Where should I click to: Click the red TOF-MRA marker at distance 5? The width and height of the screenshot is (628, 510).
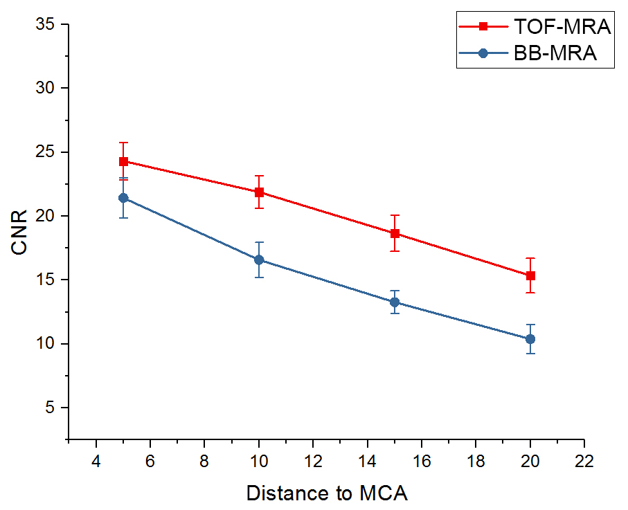click(x=123, y=161)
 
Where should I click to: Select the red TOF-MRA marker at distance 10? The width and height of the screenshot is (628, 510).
click(x=259, y=192)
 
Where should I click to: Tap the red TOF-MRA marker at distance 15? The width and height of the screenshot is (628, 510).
click(x=395, y=233)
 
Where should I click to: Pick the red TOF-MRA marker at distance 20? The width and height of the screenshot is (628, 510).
click(x=530, y=275)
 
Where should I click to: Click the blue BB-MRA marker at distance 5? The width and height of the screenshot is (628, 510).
click(x=123, y=198)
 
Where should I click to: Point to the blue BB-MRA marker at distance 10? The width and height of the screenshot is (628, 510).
click(x=259, y=260)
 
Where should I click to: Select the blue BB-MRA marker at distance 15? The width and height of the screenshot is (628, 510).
click(x=395, y=302)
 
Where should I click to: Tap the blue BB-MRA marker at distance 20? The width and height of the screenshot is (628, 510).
click(x=530, y=339)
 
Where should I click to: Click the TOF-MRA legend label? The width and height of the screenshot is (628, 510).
click(x=562, y=27)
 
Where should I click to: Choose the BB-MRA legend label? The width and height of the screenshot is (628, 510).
click(x=555, y=53)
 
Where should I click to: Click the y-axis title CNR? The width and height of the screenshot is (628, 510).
click(x=20, y=232)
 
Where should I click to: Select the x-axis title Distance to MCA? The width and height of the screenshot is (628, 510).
click(x=327, y=493)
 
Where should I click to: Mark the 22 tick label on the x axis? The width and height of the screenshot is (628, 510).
click(x=584, y=462)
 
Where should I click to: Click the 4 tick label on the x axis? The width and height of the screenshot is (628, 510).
click(x=96, y=462)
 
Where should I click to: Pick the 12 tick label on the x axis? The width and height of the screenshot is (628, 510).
click(x=313, y=462)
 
